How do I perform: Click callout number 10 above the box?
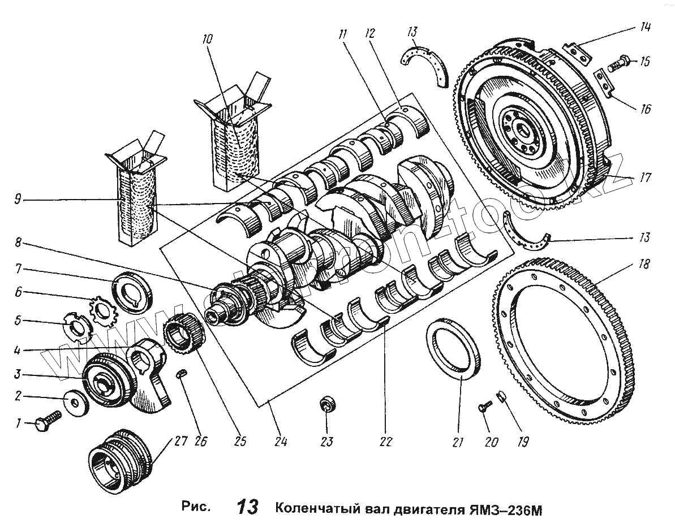coord(207,40)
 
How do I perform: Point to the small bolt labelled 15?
coord(618,64)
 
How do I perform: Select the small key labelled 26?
coord(183,374)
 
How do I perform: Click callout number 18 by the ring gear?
coord(644,264)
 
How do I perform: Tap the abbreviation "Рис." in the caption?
coord(196,507)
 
